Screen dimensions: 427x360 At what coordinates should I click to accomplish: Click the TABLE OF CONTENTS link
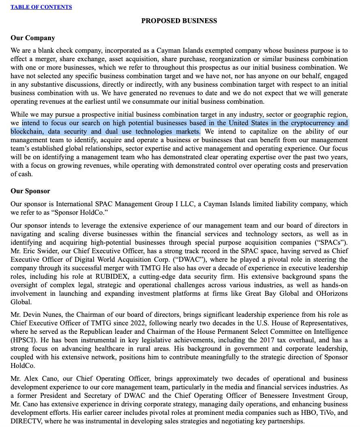(41, 7)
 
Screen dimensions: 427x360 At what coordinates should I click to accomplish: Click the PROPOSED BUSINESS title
(179, 21)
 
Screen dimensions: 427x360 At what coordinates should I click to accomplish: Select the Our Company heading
(33, 38)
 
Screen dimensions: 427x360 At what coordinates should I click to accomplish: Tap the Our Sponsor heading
(30, 191)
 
